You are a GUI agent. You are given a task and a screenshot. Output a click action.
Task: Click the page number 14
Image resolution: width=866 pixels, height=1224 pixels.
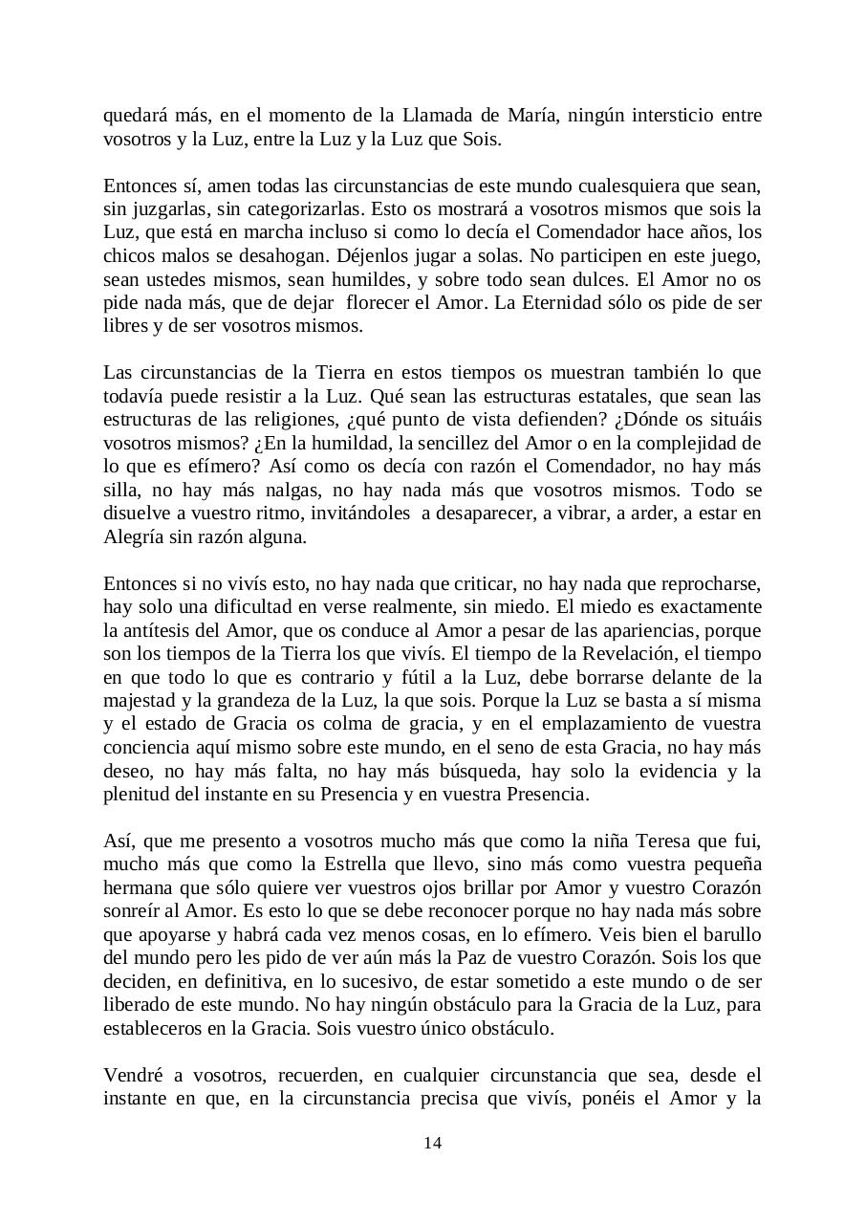coord(432,1143)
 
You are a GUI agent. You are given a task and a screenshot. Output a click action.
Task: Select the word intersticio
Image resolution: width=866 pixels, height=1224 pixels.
coord(663,116)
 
